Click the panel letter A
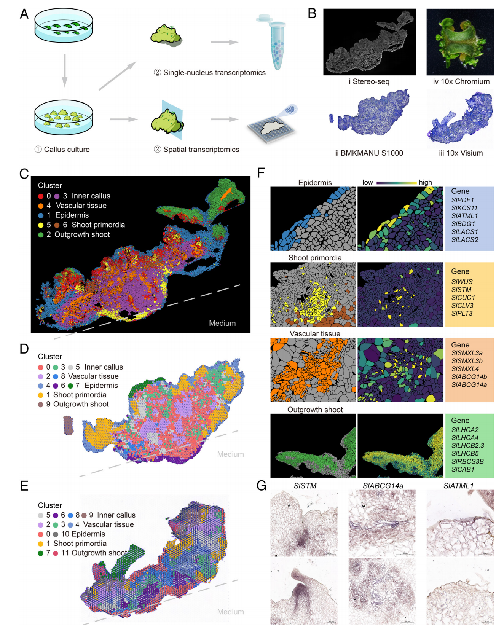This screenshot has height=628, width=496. [x=24, y=14]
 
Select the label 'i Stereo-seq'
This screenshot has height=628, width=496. [x=369, y=81]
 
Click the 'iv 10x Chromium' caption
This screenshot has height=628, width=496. [x=461, y=81]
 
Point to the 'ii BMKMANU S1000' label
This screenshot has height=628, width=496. [x=369, y=153]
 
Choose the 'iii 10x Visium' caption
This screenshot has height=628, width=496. [x=461, y=153]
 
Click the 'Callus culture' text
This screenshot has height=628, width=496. [x=67, y=150]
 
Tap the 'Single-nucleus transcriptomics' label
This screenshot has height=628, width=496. [x=214, y=73]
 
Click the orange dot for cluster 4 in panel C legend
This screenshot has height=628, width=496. [x=41, y=206]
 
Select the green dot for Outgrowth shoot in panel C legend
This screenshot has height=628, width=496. [x=41, y=235]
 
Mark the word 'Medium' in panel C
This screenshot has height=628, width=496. [x=222, y=323]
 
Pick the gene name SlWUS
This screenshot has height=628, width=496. [x=462, y=282]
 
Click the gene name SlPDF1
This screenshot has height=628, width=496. [x=463, y=200]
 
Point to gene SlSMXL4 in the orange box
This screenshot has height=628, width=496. [x=465, y=369]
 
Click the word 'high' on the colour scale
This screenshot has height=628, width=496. [x=425, y=182]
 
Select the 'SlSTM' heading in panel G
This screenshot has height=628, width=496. [x=305, y=486]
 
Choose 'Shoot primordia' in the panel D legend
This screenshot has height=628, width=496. [x=80, y=395]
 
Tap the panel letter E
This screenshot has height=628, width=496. [x=24, y=486]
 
